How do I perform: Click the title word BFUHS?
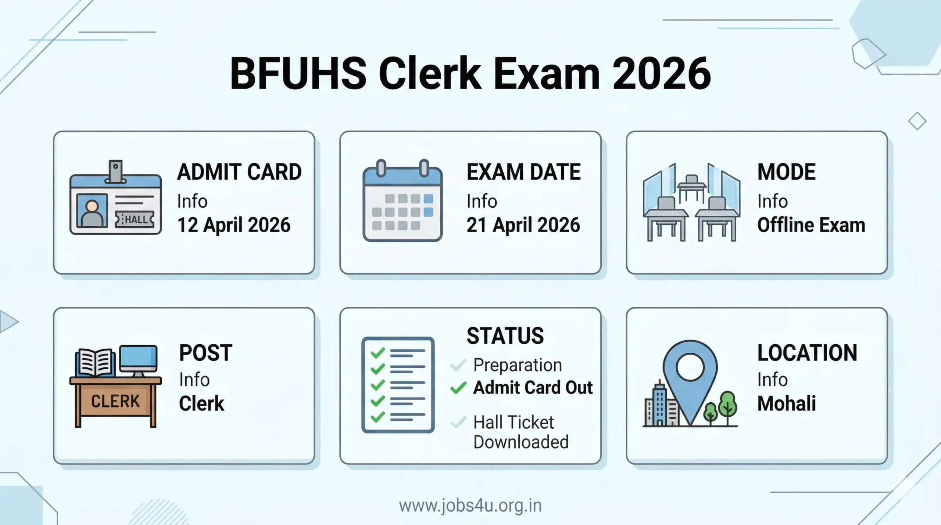[298, 73]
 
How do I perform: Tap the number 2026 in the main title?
[662, 73]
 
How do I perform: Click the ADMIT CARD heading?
[239, 172]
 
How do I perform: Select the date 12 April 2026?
[234, 225]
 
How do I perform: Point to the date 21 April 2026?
[523, 225]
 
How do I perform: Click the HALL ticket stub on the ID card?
[135, 220]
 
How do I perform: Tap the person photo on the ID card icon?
[92, 212]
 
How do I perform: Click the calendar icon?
[402, 201]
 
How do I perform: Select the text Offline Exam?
[811, 225]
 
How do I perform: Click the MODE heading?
[787, 172]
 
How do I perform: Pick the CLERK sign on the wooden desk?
[115, 401]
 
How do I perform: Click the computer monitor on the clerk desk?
[139, 359]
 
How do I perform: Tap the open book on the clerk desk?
[95, 362]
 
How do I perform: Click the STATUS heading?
[505, 336]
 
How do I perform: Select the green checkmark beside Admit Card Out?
[458, 388]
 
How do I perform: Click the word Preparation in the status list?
[518, 365]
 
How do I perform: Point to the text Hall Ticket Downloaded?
[520, 432]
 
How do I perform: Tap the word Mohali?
[787, 403]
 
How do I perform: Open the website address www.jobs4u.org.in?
[470, 506]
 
